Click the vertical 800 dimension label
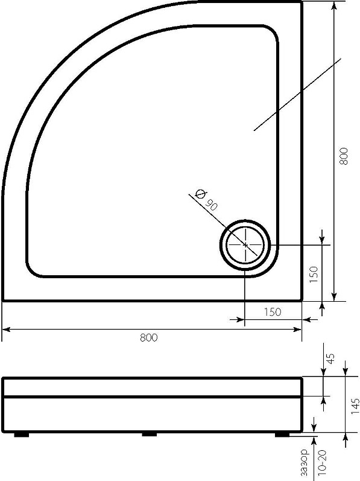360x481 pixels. [x=344, y=156]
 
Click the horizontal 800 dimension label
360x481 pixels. [x=148, y=338]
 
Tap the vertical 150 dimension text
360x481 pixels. [x=314, y=275]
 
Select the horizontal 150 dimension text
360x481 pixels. [x=273, y=312]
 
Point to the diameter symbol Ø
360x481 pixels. [x=200, y=194]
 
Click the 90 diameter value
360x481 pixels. [x=211, y=205]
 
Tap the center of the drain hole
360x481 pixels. [x=245, y=245]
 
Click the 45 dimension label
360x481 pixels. [x=330, y=358]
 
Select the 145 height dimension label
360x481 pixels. [x=355, y=406]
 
